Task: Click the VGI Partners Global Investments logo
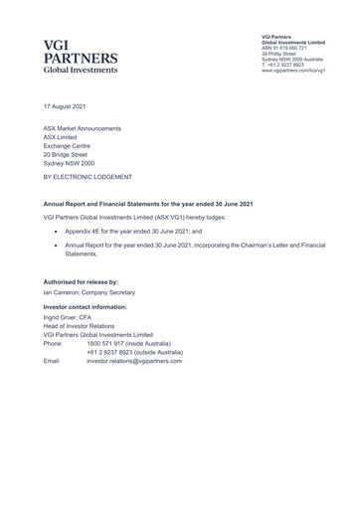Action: coord(80,56)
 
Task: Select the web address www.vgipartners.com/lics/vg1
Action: coord(296,71)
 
